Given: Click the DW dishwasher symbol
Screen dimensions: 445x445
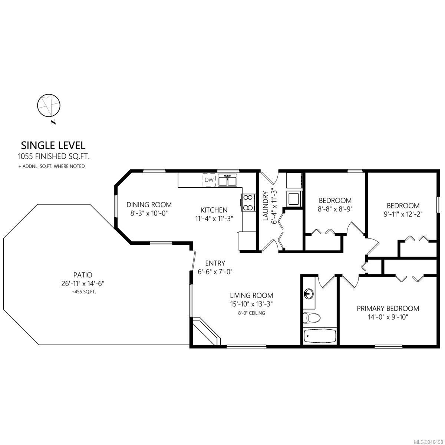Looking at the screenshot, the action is (x=209, y=179).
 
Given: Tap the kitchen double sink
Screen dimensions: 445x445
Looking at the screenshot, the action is (x=227, y=180).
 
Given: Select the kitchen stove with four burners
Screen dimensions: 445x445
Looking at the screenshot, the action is (x=248, y=202).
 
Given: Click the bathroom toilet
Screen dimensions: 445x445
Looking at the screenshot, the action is (x=311, y=318).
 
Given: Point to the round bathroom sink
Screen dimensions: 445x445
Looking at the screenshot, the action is (x=309, y=293).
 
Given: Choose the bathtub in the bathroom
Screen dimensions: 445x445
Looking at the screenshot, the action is (x=320, y=336).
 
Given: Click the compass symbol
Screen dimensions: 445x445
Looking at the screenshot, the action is (x=49, y=106).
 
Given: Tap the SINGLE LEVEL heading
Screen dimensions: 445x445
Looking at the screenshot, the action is (x=53, y=145).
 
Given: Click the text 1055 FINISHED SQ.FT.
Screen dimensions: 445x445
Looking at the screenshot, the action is (x=54, y=156).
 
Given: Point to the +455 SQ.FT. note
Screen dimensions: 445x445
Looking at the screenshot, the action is (x=84, y=292).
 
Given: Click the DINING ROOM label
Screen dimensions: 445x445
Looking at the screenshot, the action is (x=149, y=205).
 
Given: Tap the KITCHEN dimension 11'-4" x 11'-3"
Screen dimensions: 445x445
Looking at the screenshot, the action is (x=214, y=218).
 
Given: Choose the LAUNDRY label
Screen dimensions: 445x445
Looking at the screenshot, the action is (x=266, y=206).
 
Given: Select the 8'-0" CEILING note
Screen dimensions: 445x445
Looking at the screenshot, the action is (x=251, y=313).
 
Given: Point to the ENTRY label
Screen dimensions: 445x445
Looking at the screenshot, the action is (x=215, y=263).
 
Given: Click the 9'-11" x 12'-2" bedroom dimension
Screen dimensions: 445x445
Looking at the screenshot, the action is (x=403, y=214).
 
